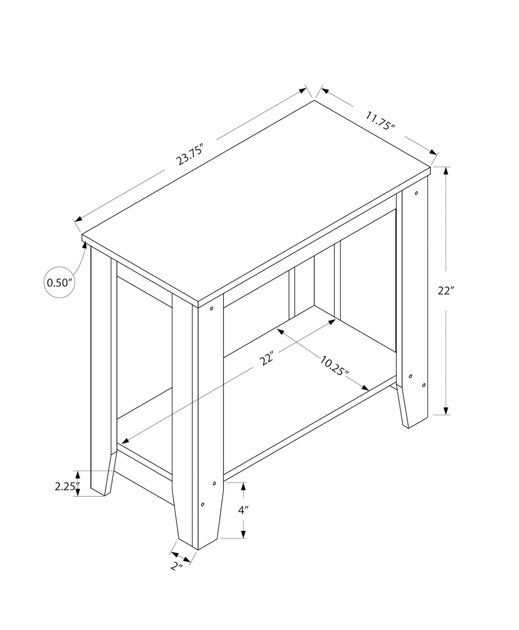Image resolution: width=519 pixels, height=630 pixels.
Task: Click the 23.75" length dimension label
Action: (190, 156)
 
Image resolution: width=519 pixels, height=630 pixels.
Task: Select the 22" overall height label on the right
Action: (445, 291)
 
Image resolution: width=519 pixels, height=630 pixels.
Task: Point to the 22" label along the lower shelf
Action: (267, 358)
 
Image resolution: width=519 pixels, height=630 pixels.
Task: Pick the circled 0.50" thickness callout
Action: (59, 281)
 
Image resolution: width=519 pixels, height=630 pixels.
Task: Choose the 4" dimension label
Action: (243, 511)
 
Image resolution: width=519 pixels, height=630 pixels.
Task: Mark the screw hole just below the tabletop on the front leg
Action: (212, 309)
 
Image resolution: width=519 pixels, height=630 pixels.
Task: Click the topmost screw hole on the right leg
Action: (416, 193)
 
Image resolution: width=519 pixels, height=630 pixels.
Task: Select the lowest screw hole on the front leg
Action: (203, 503)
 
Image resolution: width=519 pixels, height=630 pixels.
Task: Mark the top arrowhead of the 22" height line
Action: (446, 170)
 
